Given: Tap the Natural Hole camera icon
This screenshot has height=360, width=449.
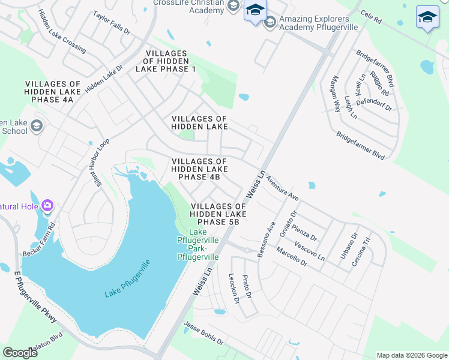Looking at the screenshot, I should pyautogui.click(x=47, y=207).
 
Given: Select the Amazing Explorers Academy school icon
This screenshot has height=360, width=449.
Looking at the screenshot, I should pyautogui.click(x=270, y=22).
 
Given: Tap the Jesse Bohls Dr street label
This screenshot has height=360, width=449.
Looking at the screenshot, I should pyautogui.click(x=203, y=333).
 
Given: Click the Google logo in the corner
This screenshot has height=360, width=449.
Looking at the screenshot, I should pyautogui.click(x=20, y=353).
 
